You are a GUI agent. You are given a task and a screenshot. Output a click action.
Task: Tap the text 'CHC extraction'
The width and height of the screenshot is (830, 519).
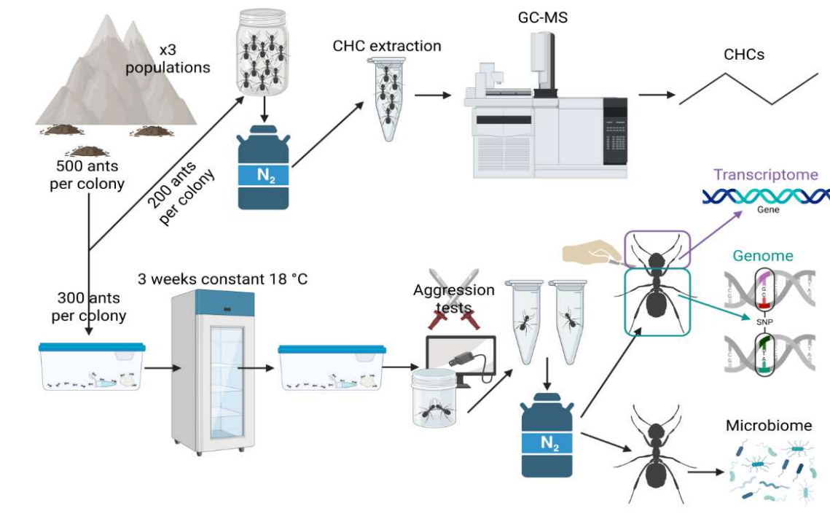click(x=387, y=46)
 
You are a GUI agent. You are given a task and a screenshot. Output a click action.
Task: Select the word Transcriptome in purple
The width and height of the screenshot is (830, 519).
click(x=765, y=175)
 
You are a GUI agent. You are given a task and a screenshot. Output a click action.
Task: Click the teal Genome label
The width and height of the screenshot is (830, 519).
click(x=763, y=256)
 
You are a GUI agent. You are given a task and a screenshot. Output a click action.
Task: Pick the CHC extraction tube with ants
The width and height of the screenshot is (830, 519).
click(x=387, y=98)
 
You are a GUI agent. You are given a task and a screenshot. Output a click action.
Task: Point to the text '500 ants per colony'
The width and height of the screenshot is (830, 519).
click(x=87, y=176)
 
